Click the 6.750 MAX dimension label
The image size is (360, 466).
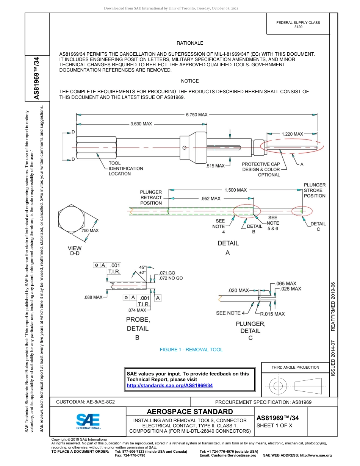coord(196,115)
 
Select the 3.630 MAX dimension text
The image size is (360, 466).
coord(141,124)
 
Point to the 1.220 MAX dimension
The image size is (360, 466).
coord(292,134)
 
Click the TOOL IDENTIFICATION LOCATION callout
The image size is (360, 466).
coord(126,169)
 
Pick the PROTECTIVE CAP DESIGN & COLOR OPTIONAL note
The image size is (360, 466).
coord(261,169)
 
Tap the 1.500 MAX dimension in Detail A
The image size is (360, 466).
coord(235,190)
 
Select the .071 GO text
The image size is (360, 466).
coord(167,273)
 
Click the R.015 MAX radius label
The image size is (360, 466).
coord(272,314)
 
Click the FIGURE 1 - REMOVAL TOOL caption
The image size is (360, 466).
coord(191,350)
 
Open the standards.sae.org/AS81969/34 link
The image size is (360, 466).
coord(170,385)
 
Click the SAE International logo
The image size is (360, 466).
coord(88,421)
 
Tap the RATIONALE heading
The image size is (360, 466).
coord(190,43)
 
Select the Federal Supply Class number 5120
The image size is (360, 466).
coord(298,27)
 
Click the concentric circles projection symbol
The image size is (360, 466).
coord(278,386)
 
